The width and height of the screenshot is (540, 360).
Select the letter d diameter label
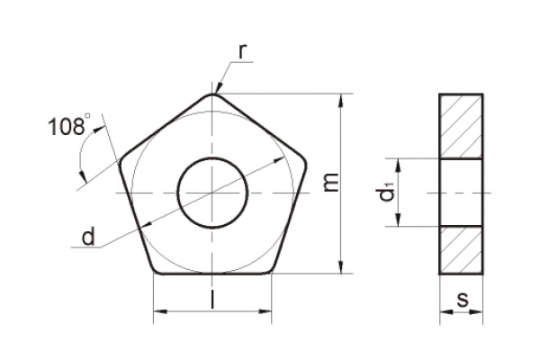(x=87, y=238)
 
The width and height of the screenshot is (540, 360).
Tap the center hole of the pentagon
(x=212, y=193)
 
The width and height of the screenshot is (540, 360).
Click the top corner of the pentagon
(x=213, y=94)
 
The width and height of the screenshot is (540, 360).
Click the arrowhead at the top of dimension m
(x=341, y=98)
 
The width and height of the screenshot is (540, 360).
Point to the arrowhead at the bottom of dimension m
(x=341, y=267)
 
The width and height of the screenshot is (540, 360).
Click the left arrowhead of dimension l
(x=159, y=311)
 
